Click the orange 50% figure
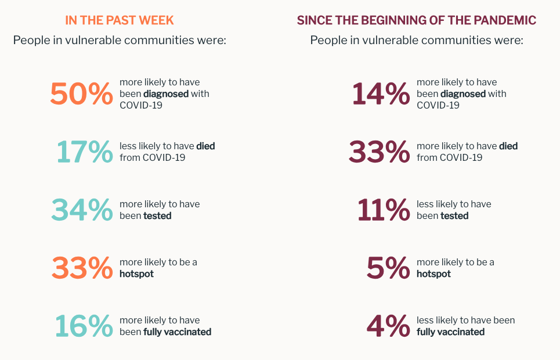pos(81,94)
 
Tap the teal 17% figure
pos(85,152)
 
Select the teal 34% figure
pos(82,210)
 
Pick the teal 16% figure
pos(84,326)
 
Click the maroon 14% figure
pos(381,94)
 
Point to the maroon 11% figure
pos(383,210)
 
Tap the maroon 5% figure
pos(388,268)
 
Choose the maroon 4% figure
pos(388,326)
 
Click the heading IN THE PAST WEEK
pos(120,20)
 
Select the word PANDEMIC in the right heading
pos(504,20)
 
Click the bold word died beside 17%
pos(205,146)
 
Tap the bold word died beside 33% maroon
pos(508,146)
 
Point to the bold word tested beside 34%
pos(157,216)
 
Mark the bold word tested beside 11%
pos(454,216)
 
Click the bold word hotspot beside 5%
pos(433,274)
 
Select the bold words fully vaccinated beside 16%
pos(177,332)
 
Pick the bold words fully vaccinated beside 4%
pos(450,332)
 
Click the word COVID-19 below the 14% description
pos(438,106)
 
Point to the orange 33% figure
pos(82,268)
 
